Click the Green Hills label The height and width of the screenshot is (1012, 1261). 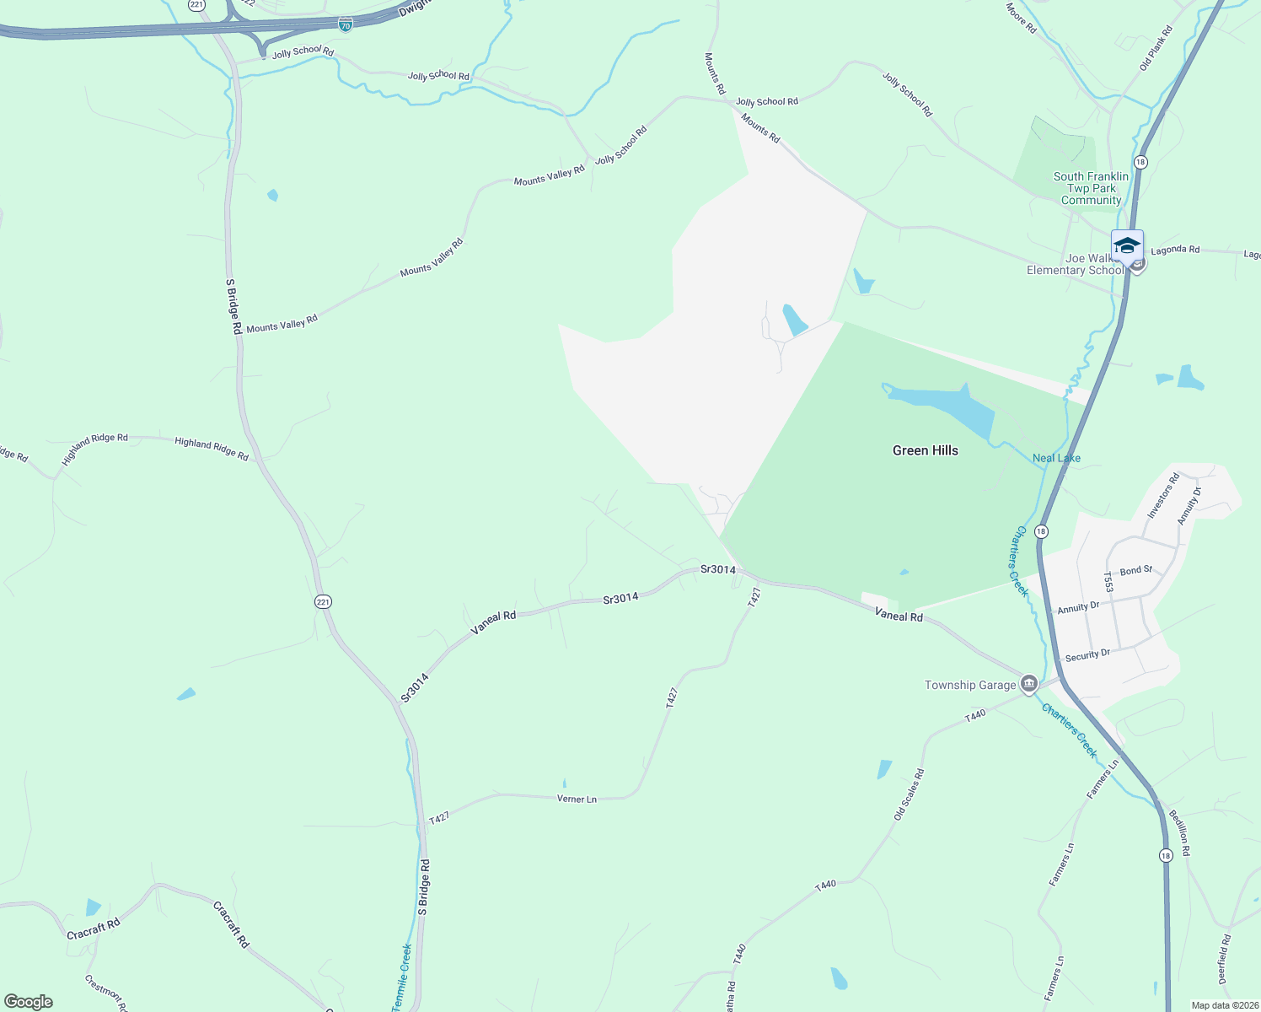tap(925, 450)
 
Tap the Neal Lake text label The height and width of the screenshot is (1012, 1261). tap(1056, 458)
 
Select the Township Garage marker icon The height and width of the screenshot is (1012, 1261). tap(1028, 684)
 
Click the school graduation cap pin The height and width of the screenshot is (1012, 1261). tap(1127, 246)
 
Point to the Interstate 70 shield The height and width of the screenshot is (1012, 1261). tap(346, 24)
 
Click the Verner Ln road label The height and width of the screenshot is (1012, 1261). tap(577, 799)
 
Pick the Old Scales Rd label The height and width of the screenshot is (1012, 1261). tap(909, 794)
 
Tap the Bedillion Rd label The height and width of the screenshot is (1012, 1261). tap(1179, 832)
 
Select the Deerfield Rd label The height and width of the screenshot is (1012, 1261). tap(1225, 959)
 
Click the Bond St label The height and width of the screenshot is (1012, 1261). tap(1135, 571)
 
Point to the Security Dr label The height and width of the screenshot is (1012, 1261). tap(1087, 655)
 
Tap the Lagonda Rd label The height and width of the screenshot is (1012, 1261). tap(1174, 250)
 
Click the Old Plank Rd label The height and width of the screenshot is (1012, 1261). tap(1156, 48)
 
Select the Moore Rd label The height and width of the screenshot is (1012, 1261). tap(1021, 18)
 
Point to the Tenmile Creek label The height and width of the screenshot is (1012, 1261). tap(402, 977)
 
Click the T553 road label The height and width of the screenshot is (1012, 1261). tap(1108, 582)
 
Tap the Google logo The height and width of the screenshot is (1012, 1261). tap(29, 1002)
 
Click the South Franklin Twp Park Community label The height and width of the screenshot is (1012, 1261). tap(1091, 188)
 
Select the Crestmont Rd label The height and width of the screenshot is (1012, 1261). tap(106, 993)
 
